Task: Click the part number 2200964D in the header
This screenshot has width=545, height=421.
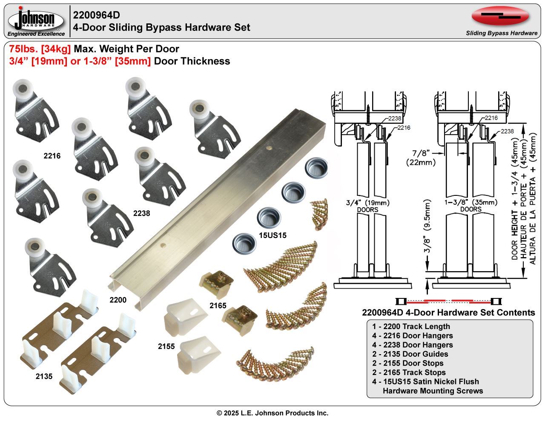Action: point(96,15)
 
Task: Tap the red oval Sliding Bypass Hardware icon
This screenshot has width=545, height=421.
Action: point(500,16)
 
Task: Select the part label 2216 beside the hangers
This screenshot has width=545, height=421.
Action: point(52,156)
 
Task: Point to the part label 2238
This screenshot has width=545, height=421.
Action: point(141,214)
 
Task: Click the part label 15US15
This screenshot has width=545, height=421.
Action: point(272,235)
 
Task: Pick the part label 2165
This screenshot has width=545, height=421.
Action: point(218,305)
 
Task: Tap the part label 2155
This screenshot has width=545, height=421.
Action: point(166,346)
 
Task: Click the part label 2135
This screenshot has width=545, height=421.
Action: point(44,376)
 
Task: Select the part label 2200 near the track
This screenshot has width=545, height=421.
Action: point(118,300)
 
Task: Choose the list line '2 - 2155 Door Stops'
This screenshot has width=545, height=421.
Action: point(407,363)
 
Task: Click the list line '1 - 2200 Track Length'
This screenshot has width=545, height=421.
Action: point(410,326)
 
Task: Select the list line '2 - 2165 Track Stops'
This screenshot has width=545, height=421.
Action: point(409,372)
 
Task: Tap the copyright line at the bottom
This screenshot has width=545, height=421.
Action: point(272,413)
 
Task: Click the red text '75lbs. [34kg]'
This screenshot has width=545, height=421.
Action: point(40,49)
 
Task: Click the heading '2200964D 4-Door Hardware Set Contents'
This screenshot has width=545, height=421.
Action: point(448,312)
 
